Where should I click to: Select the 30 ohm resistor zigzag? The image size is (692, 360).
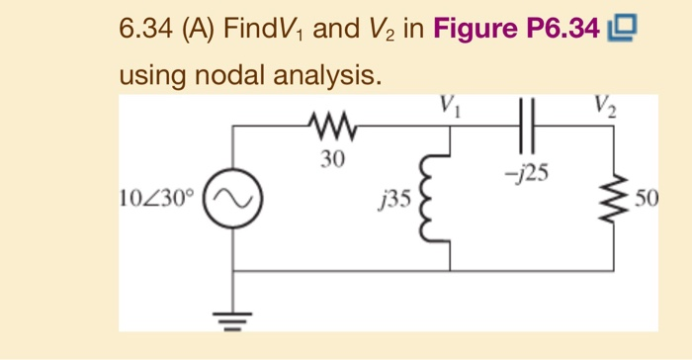[x=330, y=126]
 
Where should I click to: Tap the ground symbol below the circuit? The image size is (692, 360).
[x=233, y=315]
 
